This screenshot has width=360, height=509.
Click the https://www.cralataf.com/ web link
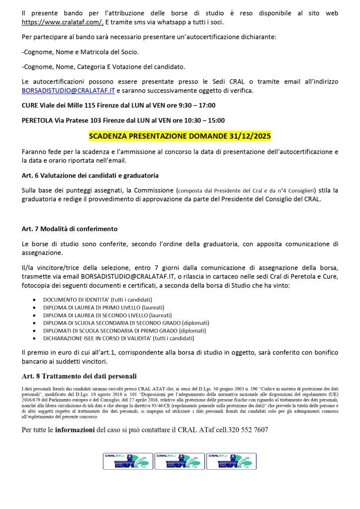(x=62, y=22)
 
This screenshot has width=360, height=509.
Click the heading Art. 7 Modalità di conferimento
(x=70, y=229)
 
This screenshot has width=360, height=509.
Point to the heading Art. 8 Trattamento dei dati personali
(x=80, y=376)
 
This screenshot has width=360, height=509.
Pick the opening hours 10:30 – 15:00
(x=204, y=120)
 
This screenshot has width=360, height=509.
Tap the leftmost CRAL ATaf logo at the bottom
(x=127, y=461)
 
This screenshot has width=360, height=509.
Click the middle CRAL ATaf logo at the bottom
(x=180, y=461)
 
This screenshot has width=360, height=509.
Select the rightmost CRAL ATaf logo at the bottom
(x=231, y=461)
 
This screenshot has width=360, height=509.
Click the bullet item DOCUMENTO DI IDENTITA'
(x=97, y=300)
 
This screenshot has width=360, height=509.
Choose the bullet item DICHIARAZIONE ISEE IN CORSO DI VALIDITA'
(x=118, y=338)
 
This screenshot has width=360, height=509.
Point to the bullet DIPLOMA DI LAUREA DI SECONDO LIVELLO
(x=107, y=315)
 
